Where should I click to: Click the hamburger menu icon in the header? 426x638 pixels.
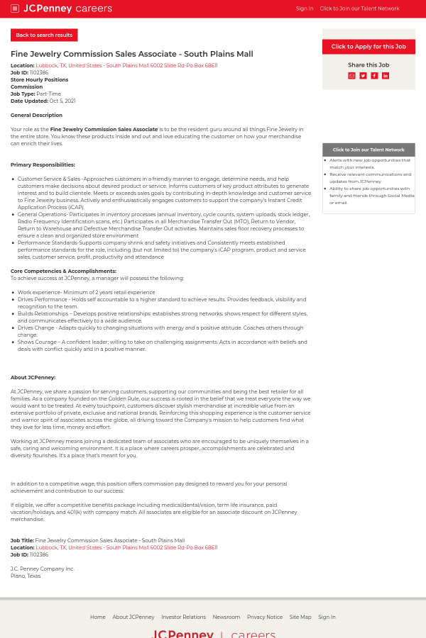[15, 9]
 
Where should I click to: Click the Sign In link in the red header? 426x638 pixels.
[304, 9]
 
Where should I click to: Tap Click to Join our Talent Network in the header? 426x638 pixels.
[359, 9]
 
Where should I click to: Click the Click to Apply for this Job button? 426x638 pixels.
[368, 47]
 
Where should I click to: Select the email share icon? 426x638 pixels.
[351, 76]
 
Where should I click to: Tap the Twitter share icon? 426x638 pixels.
[363, 76]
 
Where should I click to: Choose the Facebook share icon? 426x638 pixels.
[374, 76]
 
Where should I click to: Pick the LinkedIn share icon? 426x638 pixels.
[386, 76]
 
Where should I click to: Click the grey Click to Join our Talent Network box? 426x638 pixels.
[368, 150]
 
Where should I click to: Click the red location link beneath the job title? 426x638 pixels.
[126, 65]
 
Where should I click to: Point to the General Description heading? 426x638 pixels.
[36, 115]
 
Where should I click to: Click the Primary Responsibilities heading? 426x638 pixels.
[43, 164]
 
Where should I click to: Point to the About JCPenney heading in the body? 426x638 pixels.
[33, 377]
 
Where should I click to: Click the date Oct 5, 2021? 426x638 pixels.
[62, 101]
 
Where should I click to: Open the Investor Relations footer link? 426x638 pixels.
[183, 617]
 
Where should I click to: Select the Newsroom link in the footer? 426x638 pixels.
[226, 617]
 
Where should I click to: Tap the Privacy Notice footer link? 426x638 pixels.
[264, 617]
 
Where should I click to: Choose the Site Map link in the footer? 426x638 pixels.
[300, 617]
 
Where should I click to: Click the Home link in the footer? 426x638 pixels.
[97, 617]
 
